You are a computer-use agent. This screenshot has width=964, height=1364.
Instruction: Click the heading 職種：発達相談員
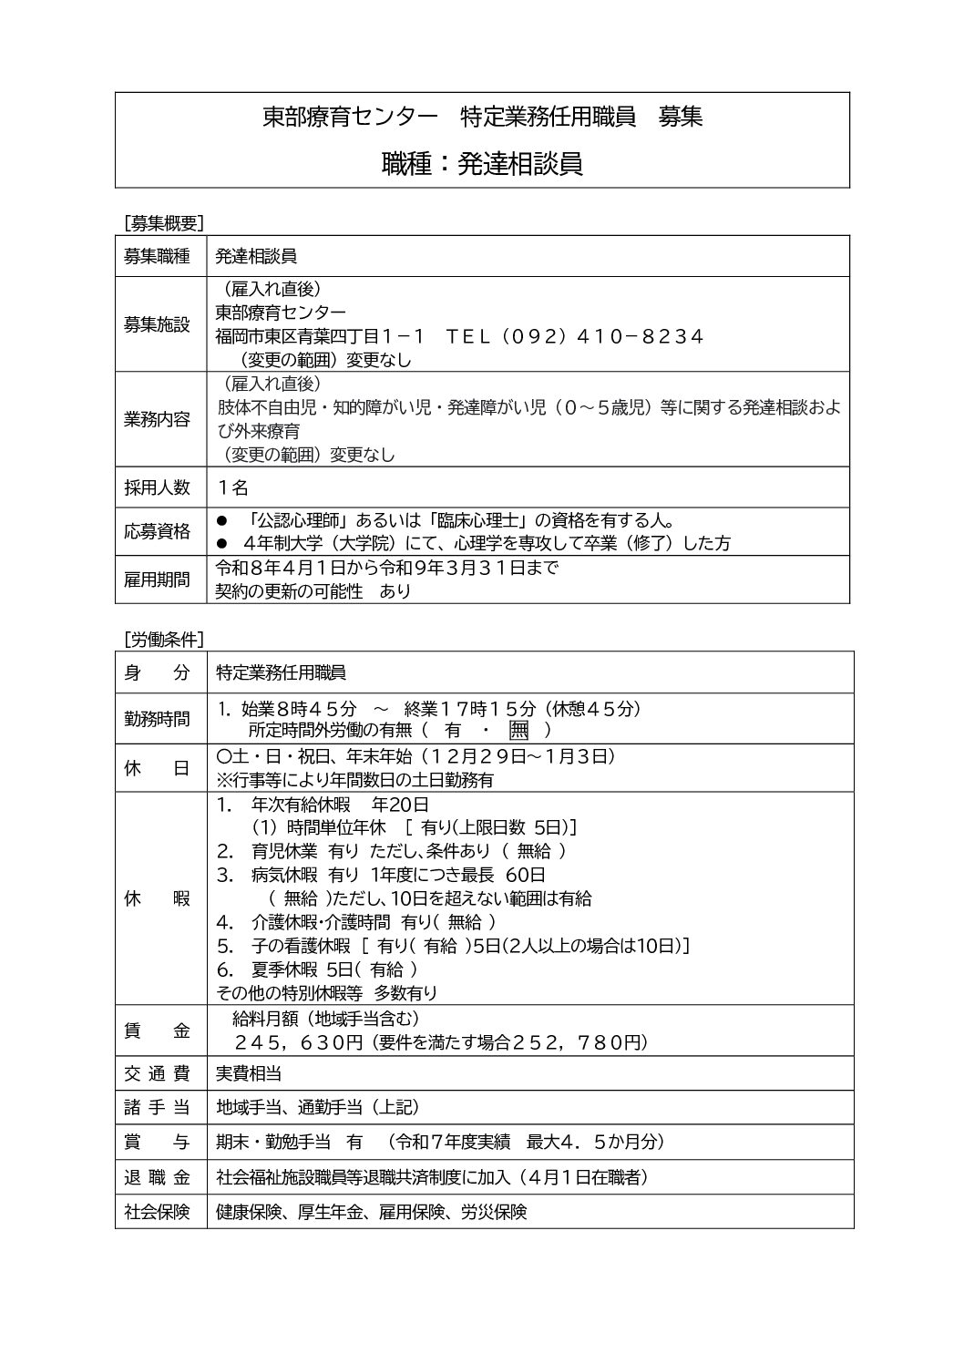482,163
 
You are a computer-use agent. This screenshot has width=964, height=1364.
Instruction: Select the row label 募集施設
157,324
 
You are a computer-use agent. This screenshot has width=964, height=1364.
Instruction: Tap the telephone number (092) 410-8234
573,336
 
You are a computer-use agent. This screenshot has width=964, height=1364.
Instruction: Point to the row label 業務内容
157,419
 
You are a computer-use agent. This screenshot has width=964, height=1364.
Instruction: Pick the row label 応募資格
157,531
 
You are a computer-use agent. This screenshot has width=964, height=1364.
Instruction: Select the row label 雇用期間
157,579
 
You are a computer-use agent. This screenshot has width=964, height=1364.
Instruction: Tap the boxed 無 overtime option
518,730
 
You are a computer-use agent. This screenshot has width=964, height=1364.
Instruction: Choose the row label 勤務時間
157,719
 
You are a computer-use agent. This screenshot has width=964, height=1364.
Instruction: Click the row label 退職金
157,1177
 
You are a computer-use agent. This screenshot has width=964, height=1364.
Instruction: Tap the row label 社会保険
157,1212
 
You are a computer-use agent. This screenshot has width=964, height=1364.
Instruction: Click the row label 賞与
157,1142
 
